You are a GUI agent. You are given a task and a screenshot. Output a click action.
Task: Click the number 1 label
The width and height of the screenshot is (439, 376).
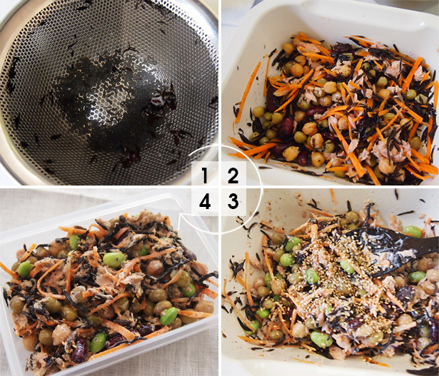205,174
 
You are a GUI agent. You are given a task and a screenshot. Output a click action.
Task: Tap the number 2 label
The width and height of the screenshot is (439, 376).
233,174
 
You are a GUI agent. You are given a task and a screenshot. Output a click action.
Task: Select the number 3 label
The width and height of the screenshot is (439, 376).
233,202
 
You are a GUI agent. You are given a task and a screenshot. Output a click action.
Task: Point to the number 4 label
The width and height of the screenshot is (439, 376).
205,202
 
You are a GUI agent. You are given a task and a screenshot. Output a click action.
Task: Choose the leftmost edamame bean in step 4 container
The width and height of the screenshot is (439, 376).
24,269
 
